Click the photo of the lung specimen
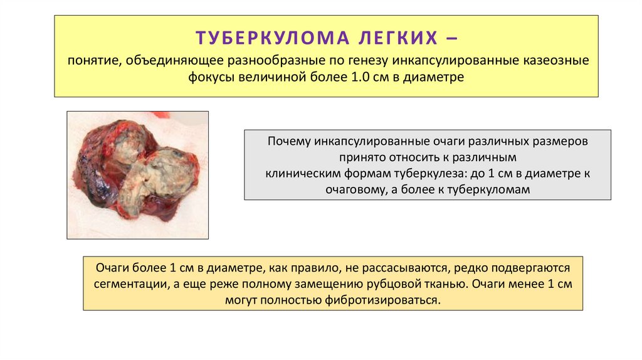point(137,175)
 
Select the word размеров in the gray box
point(562,141)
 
